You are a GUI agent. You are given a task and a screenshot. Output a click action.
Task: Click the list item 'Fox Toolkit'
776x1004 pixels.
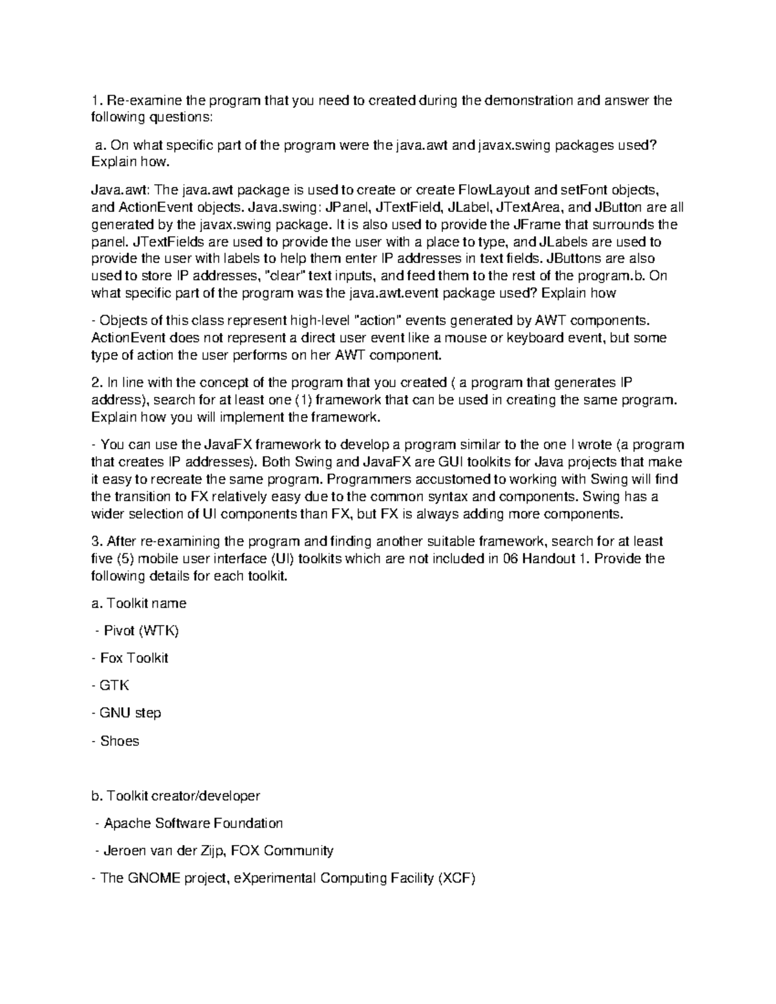pos(134,658)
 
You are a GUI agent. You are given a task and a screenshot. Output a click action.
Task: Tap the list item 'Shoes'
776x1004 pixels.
pos(120,741)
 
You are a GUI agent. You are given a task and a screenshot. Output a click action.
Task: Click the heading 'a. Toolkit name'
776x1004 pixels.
pos(139,603)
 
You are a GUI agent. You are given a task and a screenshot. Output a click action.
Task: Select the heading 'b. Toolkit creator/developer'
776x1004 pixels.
pos(176,796)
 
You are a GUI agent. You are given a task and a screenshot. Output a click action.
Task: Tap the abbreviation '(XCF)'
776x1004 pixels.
pos(457,879)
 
